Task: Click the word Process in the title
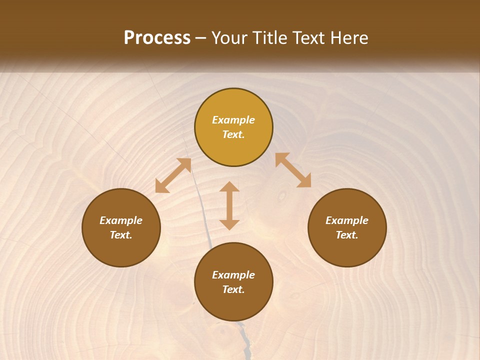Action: [157, 38]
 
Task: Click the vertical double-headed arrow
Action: [229, 205]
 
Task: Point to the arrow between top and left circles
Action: [173, 175]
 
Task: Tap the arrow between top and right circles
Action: [293, 170]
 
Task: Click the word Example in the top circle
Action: [233, 120]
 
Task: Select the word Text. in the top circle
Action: [233, 134]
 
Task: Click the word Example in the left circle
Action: [121, 220]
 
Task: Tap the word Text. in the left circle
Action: [121, 235]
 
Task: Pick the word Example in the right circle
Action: [347, 220]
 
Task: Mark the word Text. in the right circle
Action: [347, 235]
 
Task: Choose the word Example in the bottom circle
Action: [233, 275]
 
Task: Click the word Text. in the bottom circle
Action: [233, 289]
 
